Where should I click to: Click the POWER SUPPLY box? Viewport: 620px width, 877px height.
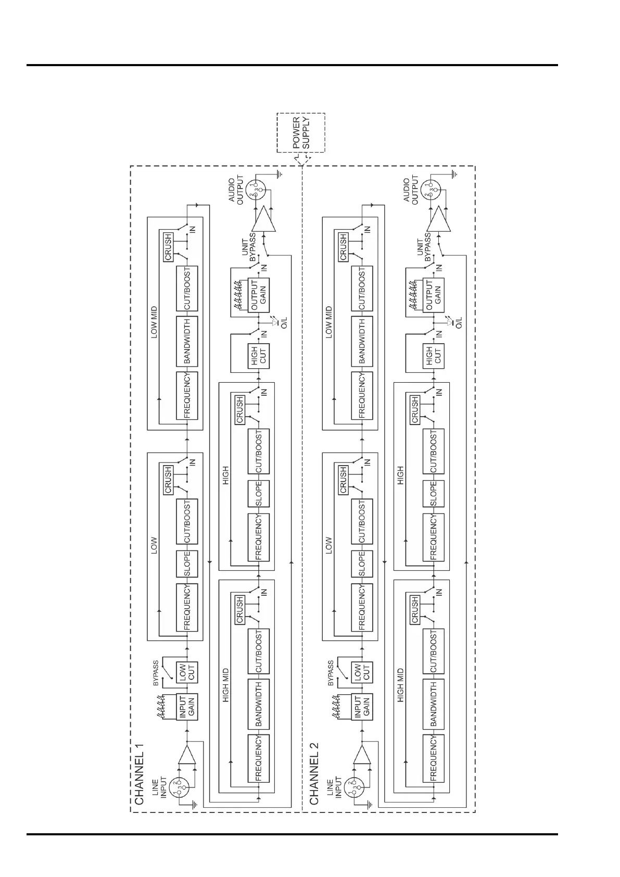tap(300, 132)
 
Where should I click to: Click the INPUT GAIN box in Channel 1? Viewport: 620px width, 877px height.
tap(187, 707)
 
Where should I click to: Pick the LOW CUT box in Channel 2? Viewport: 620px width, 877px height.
tap(362, 673)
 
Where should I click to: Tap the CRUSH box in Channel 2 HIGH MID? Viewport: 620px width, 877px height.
tap(415, 609)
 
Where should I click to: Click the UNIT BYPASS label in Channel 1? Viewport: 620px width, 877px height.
tap(246, 250)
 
